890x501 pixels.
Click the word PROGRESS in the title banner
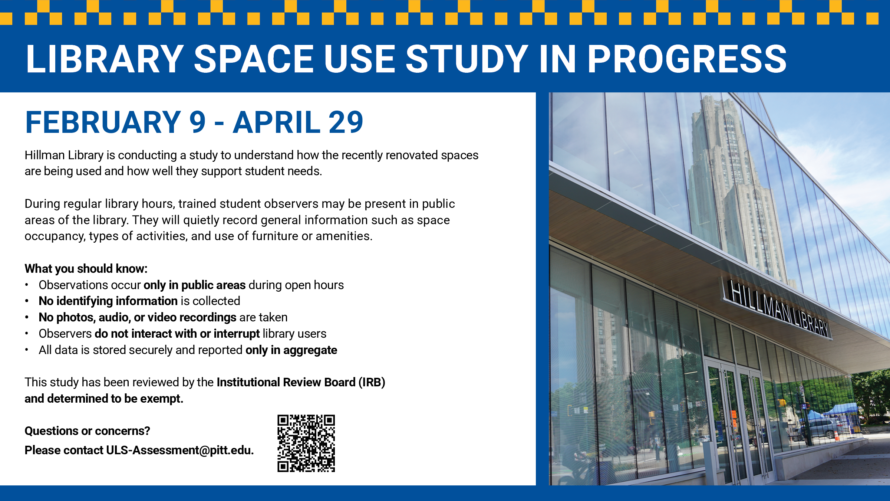[687, 59]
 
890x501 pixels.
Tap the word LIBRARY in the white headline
[105, 59]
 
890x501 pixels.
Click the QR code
[306, 443]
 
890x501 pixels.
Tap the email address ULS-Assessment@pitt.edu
[180, 450]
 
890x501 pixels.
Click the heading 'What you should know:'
[86, 269]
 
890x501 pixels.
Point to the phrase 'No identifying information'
[108, 301]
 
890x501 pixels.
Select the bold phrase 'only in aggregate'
[291, 350]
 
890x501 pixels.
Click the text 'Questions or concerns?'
[87, 431]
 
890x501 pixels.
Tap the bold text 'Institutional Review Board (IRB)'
[301, 382]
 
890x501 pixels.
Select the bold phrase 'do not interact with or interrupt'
[177, 334]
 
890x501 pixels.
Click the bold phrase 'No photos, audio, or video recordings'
[138, 317]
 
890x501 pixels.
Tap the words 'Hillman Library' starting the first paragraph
[64, 155]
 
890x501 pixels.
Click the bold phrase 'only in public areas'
[195, 285]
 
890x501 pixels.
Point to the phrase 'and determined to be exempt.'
[104, 399]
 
